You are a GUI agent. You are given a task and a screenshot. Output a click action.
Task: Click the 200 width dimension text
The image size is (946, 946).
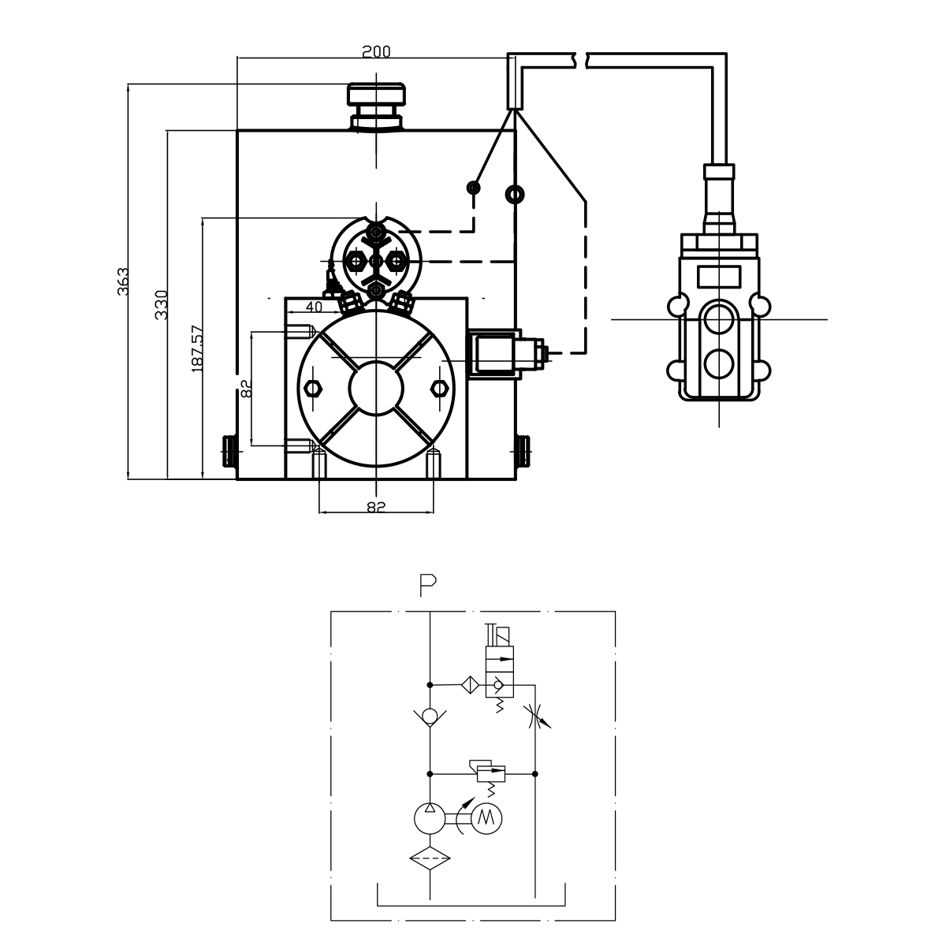pos(376,52)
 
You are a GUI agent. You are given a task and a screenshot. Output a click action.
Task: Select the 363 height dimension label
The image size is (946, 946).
pos(122,281)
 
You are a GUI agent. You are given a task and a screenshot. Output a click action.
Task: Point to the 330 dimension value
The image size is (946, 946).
pos(162,304)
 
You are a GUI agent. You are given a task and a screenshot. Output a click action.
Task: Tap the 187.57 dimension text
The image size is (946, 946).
pos(197,348)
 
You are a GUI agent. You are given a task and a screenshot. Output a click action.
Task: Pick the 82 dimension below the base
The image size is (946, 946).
pos(376,507)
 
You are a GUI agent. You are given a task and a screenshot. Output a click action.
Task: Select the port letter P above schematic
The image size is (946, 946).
pos(428,584)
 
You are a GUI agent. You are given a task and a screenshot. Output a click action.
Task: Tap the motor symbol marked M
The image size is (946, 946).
pos(486,819)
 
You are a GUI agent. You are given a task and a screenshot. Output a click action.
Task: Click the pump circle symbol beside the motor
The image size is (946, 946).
pos(430,819)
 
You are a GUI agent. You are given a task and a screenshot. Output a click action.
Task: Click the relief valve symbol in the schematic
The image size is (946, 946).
pos(489,773)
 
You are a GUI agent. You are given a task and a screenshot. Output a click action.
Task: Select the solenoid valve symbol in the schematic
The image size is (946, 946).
pos(499,670)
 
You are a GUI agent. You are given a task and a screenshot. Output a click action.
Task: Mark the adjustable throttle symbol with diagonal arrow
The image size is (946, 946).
pos(536,717)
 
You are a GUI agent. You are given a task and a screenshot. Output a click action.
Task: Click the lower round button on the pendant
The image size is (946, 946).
pos(718,363)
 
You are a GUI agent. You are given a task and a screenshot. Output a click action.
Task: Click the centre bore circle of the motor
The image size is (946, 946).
pos(377,387)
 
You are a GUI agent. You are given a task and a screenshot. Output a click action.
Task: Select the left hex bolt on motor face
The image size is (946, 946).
pos(313,388)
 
